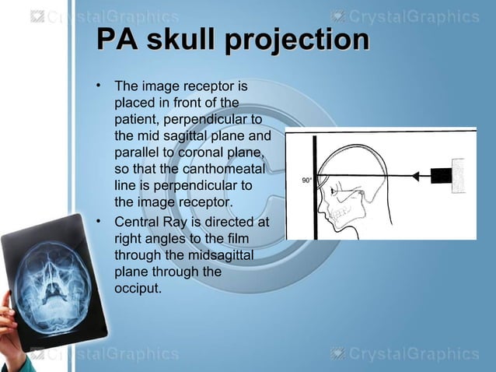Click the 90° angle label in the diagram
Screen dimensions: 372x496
pos(306,181)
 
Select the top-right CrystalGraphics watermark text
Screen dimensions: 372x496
pos(413,16)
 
